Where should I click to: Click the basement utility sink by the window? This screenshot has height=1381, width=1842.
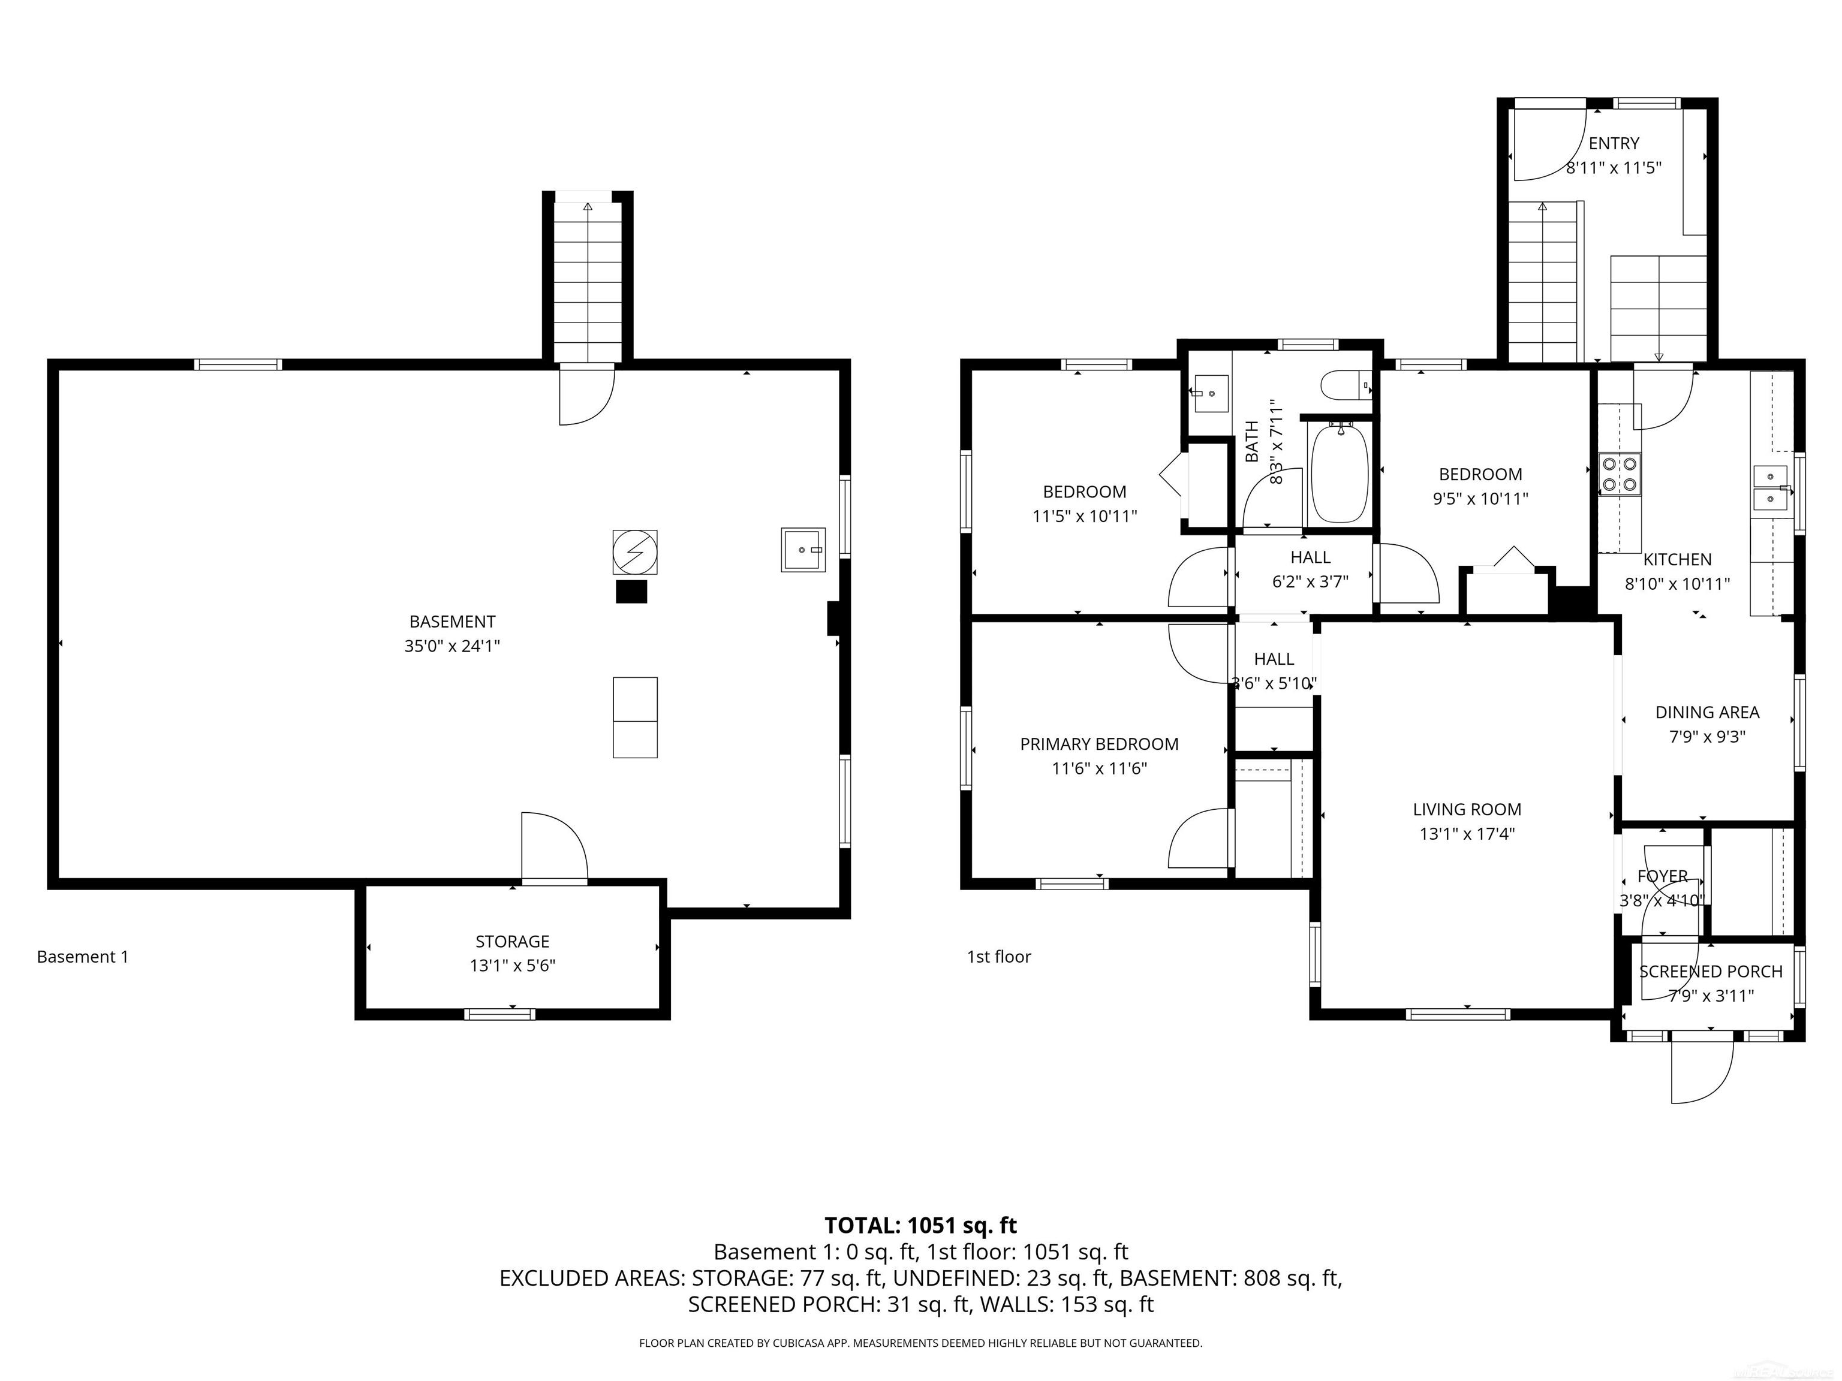point(803,550)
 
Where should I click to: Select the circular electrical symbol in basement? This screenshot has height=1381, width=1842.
point(634,552)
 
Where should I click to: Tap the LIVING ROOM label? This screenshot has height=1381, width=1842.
point(1467,809)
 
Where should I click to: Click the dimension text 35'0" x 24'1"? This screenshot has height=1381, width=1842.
point(452,646)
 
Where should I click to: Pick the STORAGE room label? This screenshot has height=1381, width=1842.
point(512,942)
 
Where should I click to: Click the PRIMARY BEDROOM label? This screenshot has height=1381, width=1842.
point(1099,744)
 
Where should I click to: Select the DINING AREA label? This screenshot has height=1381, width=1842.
point(1707,713)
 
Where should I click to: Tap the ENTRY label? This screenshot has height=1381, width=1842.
point(1613,143)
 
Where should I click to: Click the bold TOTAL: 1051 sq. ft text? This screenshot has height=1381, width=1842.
point(920,1225)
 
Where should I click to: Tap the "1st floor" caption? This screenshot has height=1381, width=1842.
point(998,957)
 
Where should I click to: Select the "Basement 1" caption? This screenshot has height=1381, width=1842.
point(82,957)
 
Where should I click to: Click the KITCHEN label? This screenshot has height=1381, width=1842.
point(1677,559)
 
